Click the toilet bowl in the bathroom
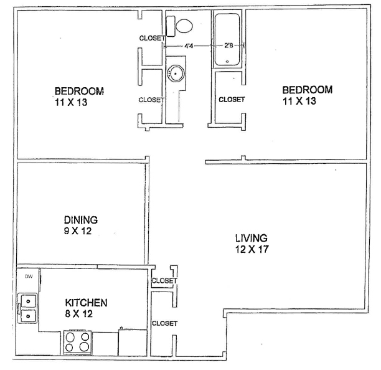tap(184, 26)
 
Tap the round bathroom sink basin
tap(176, 74)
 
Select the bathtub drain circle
tap(227, 62)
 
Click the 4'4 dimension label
tap(189, 45)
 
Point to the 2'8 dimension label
tap(228, 45)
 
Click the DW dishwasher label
tap(29, 277)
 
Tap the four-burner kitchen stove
tap(77, 341)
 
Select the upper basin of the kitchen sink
tap(29, 301)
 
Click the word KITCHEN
tap(86, 303)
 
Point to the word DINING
tap(81, 220)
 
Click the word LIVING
tap(252, 238)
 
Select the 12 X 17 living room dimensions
tap(252, 249)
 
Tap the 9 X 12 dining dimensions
tap(78, 230)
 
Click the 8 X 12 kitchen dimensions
tap(78, 313)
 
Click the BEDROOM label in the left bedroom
tap(79, 91)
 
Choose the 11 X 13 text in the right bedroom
tap(299, 101)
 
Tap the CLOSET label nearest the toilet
tap(153, 38)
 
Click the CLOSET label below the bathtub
tap(232, 100)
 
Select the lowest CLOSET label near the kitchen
tap(164, 323)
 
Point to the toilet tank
tap(171, 26)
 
